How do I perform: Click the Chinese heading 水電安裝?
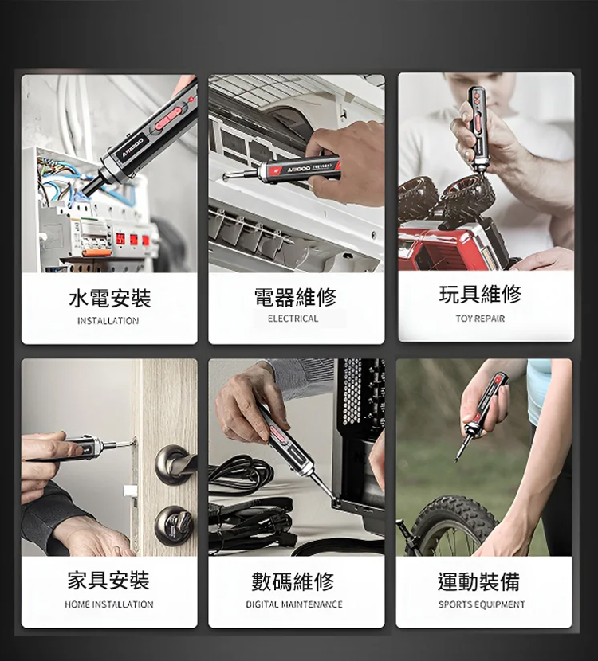coord(109,299)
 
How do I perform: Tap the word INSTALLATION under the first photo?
coord(108,321)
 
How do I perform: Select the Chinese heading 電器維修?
coord(295,298)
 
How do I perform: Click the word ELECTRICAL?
coord(293,319)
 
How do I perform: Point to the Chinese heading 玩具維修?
coord(481,295)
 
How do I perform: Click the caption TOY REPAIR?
coord(480,319)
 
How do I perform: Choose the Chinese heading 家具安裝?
coord(108,581)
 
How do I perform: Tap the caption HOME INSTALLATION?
coord(108,605)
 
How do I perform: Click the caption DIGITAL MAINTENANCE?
coord(293,605)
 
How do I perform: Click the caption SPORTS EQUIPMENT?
coord(482,605)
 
